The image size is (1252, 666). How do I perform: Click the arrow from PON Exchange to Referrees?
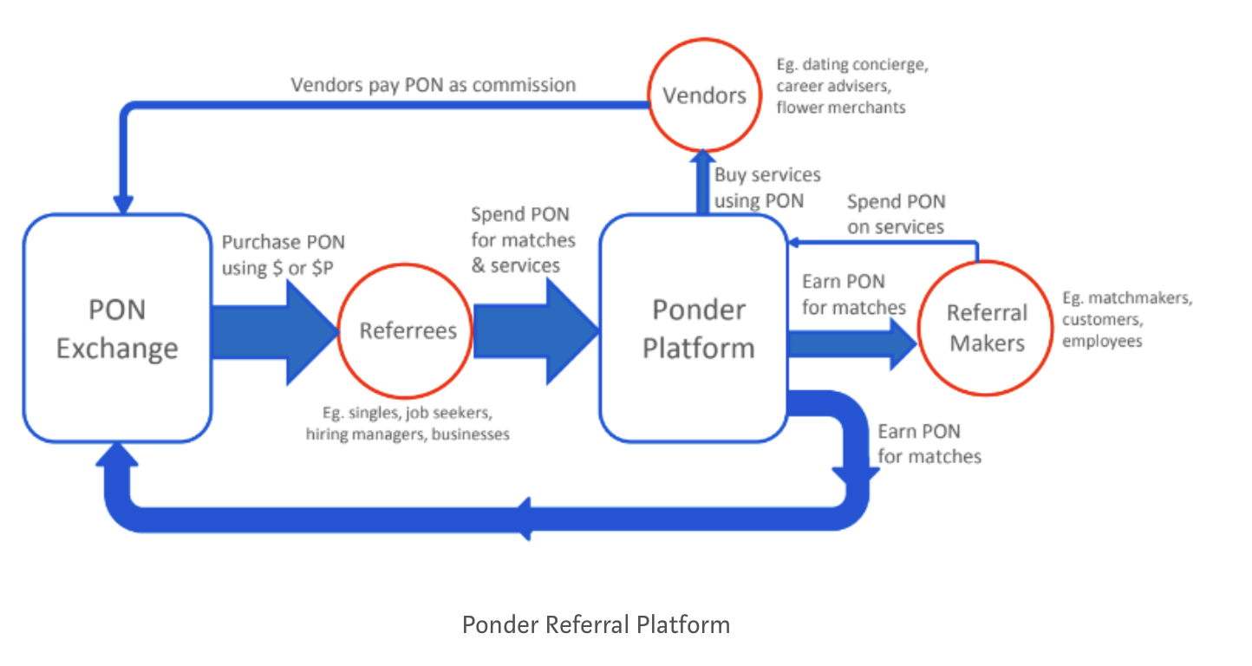pyautogui.click(x=275, y=332)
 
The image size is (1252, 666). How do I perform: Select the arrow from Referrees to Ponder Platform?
pyautogui.click(x=537, y=331)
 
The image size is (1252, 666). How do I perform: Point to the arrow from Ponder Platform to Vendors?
pyautogui.click(x=702, y=182)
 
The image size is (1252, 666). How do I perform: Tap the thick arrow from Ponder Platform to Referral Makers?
pyautogui.click(x=853, y=343)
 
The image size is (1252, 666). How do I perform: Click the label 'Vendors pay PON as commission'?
pyautogui.click(x=434, y=85)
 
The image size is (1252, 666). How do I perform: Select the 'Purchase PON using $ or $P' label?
pyautogui.click(x=284, y=255)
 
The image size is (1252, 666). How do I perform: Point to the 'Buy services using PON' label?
pyautogui.click(x=767, y=188)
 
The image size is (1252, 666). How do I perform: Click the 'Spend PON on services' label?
pyautogui.click(x=896, y=214)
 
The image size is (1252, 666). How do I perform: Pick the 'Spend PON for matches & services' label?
pyautogui.click(x=523, y=240)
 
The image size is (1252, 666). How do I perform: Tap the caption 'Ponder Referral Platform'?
pyautogui.click(x=596, y=624)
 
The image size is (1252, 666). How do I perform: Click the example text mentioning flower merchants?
pyautogui.click(x=852, y=86)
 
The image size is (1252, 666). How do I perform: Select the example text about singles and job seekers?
pyautogui.click(x=408, y=423)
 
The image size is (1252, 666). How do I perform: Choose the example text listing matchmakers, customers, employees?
pyautogui.click(x=1127, y=319)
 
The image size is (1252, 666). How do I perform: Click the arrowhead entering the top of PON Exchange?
pyautogui.click(x=123, y=205)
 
